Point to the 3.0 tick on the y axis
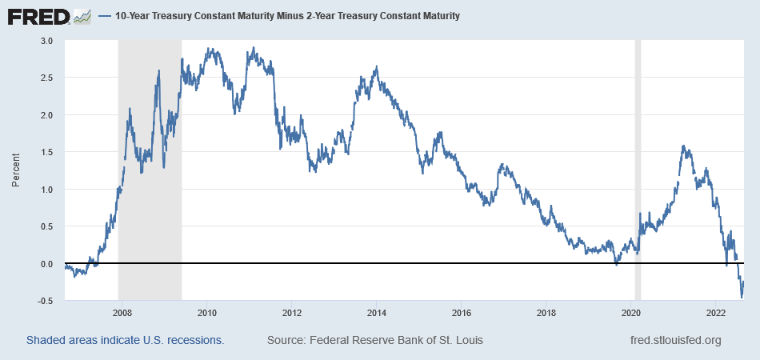tap(47, 41)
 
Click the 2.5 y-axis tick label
tap(47, 78)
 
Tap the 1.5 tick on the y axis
tap(47, 152)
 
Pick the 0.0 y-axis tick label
tap(47, 264)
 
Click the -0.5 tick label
tap(46, 301)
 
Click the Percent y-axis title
tap(16, 170)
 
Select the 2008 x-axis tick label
tap(122, 313)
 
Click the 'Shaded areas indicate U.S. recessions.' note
tap(125, 340)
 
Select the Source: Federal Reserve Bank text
tap(374, 340)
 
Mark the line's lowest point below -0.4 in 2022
tap(742, 298)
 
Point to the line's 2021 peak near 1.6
tap(684, 146)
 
